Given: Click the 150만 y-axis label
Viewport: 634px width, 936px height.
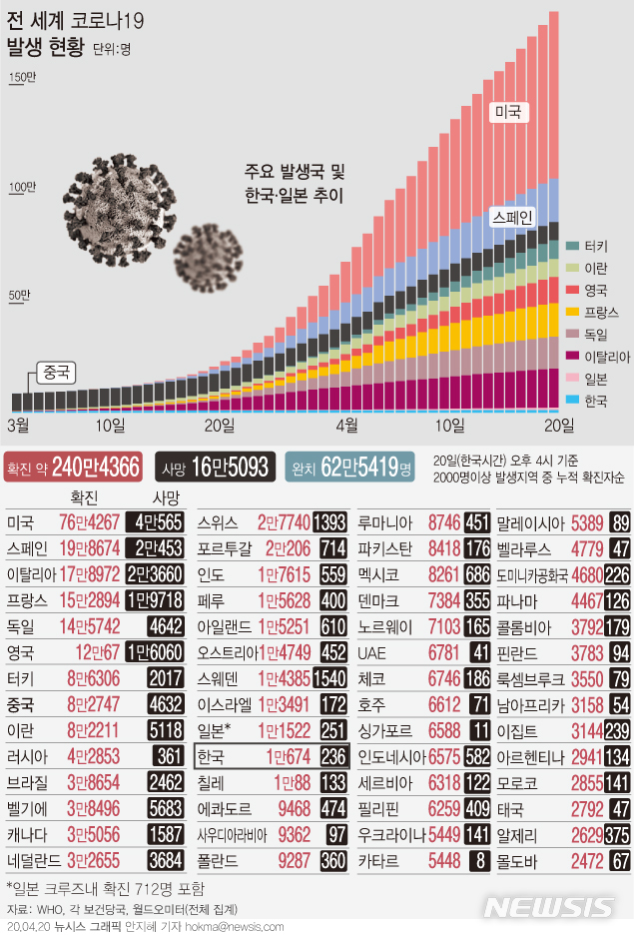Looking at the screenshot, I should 21,79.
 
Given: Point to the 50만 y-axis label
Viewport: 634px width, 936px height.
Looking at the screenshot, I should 19,296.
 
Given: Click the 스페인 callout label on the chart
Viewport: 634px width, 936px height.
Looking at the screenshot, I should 514,216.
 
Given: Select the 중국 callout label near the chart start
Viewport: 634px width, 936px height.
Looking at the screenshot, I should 56,373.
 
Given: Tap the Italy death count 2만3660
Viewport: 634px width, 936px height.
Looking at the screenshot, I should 154,574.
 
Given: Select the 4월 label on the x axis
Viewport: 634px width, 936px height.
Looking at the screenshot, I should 346,425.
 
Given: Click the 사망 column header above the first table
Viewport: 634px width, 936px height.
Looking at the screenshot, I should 167,497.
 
